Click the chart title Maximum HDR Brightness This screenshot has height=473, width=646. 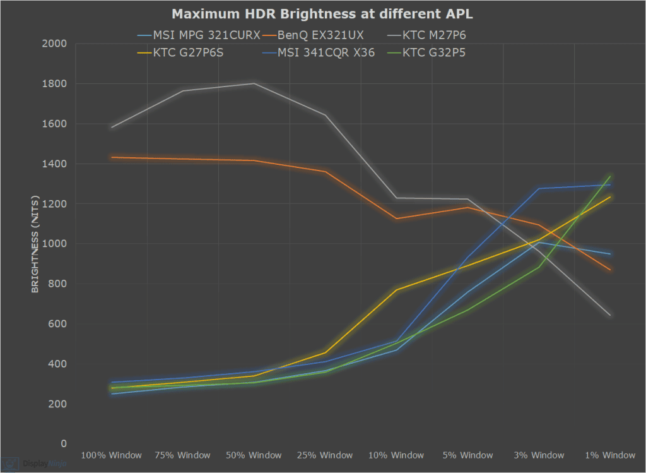coord(323,13)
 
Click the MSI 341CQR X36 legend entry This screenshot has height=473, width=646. coord(322,52)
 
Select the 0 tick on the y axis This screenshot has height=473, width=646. coord(63,444)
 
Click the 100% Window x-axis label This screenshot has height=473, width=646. coord(112,455)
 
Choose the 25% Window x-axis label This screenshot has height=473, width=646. coord(326,455)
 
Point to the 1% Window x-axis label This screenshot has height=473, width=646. coord(610,455)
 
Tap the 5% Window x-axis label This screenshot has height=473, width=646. coord(468,455)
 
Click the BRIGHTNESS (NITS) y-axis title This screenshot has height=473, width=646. coord(36,243)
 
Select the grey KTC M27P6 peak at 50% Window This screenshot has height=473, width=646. coord(254,83)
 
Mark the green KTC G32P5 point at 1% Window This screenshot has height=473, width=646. coord(610,176)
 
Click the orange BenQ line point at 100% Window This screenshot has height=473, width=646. coord(112,157)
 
